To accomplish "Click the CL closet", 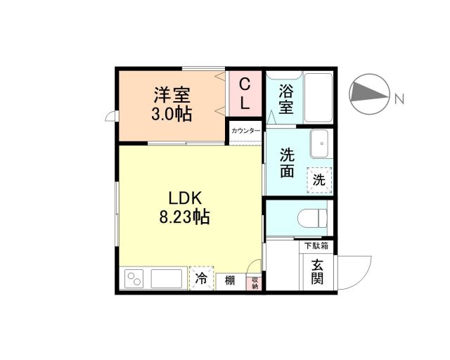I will [x=245, y=93].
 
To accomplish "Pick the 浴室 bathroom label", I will [x=285, y=98].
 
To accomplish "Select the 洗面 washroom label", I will [x=287, y=162].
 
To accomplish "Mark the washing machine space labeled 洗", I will [x=319, y=180].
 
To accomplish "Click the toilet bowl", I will [x=313, y=217].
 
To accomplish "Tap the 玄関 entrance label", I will [x=317, y=271].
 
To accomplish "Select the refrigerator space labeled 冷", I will [x=202, y=279].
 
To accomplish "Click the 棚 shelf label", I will [x=229, y=281].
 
